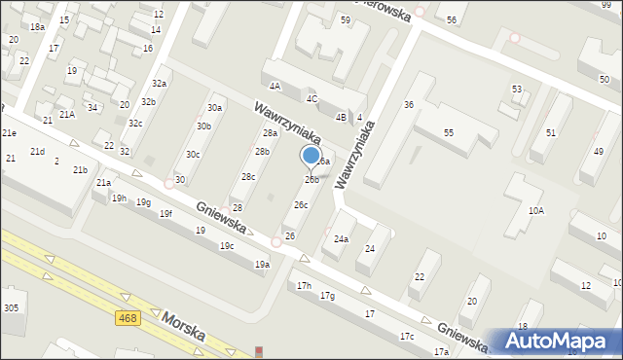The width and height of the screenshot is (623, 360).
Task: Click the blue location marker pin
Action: [x=311, y=157]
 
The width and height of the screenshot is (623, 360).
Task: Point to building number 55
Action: [x=449, y=131]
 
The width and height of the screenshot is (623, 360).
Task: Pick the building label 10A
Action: [x=535, y=211]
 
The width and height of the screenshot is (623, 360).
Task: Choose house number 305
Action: [x=11, y=307]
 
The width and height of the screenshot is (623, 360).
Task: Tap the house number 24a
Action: [x=341, y=238]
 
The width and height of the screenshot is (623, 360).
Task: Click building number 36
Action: [x=409, y=104]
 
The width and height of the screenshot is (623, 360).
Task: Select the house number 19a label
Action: [x=261, y=264]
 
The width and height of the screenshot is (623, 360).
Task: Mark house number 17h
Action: [x=305, y=285]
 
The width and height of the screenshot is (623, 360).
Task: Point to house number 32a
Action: [x=159, y=84]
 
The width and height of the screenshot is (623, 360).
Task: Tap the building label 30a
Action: [x=214, y=107]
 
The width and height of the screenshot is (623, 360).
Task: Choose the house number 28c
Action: [x=249, y=176]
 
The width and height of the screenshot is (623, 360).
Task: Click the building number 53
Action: [x=517, y=89]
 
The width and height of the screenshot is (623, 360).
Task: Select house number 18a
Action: [x=37, y=27]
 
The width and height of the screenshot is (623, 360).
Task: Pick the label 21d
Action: [x=37, y=152]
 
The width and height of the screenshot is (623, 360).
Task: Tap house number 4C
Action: [x=311, y=98]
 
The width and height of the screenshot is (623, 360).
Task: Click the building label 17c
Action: [x=406, y=336]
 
